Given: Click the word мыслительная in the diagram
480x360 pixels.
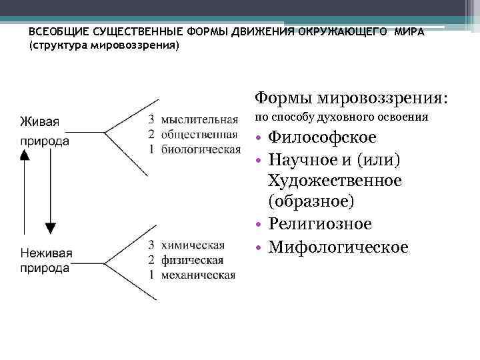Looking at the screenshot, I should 199,120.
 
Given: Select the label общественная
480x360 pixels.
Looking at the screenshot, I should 199,134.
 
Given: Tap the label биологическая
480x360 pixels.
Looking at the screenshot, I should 201,148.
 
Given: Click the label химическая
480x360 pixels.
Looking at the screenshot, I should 193,245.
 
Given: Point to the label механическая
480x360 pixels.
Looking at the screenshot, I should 198,274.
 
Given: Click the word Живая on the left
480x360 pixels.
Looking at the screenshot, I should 39,121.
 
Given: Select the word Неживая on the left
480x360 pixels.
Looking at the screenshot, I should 46,253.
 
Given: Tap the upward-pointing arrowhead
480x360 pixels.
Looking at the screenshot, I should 25,155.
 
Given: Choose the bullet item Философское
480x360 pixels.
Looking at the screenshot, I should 321,137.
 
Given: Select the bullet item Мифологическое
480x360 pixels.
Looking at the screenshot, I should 337,247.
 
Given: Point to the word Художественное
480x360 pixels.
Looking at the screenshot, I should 334,181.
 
